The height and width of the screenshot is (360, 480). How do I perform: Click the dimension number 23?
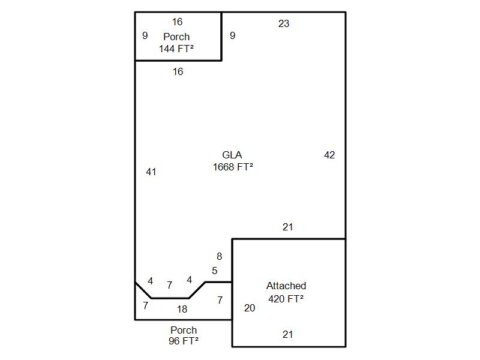[284, 23]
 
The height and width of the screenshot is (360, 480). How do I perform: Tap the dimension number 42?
[329, 155]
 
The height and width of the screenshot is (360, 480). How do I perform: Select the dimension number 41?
[151, 172]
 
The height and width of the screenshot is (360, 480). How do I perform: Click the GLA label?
[232, 155]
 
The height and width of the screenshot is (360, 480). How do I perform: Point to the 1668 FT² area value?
[233, 167]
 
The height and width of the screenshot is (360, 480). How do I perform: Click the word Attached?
[286, 286]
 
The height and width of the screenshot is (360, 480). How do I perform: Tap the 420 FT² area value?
[286, 298]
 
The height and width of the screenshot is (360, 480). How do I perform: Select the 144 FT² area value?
[176, 49]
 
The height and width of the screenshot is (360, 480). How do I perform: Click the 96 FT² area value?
[184, 341]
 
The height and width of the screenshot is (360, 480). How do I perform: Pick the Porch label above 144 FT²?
[176, 37]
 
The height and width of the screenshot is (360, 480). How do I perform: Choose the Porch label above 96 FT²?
[184, 330]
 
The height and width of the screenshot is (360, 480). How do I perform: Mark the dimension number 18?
[182, 309]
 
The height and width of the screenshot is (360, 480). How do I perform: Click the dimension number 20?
[250, 308]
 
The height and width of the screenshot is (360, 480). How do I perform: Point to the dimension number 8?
[219, 256]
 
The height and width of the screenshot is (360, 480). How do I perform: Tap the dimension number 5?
[215, 271]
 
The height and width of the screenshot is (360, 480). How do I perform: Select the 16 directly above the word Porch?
[177, 22]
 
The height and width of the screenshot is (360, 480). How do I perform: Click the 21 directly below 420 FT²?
[288, 334]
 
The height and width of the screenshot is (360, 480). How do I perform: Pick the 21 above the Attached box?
[288, 227]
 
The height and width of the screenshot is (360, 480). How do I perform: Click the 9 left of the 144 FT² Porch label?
[145, 35]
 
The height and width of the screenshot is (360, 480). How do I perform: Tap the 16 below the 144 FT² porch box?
[178, 71]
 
